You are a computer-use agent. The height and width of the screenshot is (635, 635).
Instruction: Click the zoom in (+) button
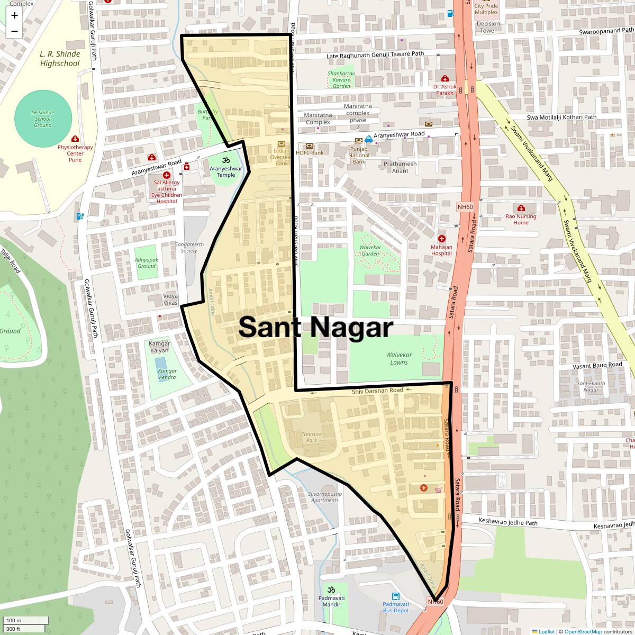pyautogui.click(x=14, y=15)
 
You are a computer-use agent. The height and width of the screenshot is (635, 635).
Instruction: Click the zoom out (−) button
pyautogui.click(x=14, y=31)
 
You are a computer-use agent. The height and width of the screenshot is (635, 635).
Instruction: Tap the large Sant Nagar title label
pyautogui.click(x=316, y=328)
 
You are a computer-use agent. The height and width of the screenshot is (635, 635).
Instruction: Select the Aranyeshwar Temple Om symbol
pyautogui.click(x=226, y=160)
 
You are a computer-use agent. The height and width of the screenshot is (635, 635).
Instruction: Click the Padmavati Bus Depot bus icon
pyautogui.click(x=395, y=597)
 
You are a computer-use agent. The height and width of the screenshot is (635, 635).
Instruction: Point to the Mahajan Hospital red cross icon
pyautogui.click(x=442, y=239)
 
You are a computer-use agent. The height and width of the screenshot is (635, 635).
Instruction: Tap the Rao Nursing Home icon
pyautogui.click(x=521, y=208)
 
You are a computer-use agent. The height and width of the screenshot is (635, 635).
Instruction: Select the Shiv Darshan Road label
pyautogui.click(x=377, y=391)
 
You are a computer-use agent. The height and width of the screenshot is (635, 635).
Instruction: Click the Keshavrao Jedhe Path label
pyautogui.click(x=507, y=523)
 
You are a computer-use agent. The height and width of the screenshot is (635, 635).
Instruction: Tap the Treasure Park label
pyautogui.click(x=312, y=437)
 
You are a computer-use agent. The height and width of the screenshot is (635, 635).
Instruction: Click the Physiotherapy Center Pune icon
pyautogui.click(x=75, y=139)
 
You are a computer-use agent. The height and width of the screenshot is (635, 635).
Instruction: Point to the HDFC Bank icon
pyautogui.click(x=310, y=146)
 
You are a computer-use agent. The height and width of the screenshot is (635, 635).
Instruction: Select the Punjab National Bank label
pyautogui.click(x=359, y=155)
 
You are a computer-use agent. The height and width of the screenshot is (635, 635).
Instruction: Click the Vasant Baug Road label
pyautogui.click(x=597, y=366)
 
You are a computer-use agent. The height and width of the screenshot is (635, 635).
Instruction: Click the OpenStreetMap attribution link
pyautogui.click(x=583, y=631)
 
